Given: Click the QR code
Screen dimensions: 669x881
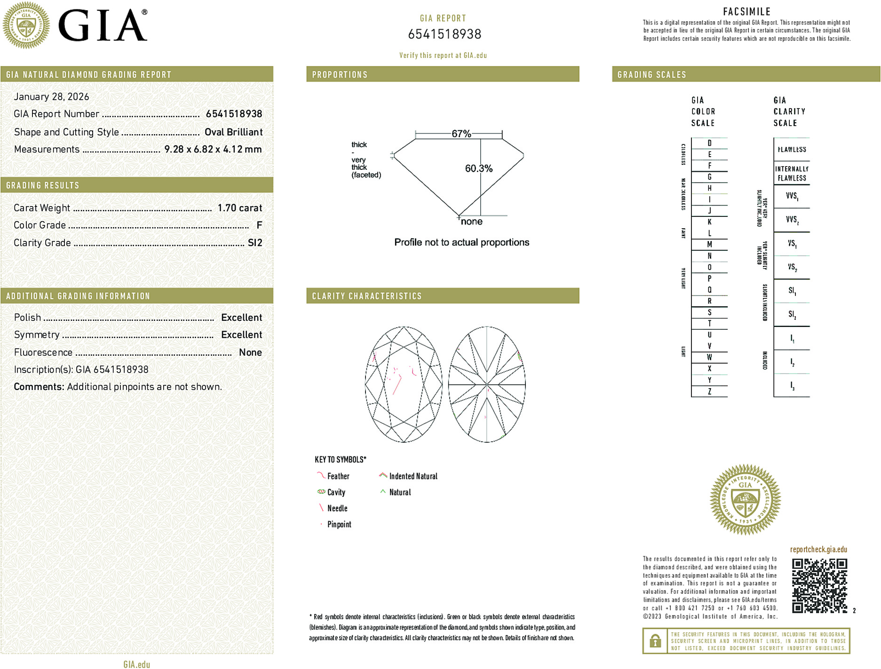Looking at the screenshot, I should pos(819,585).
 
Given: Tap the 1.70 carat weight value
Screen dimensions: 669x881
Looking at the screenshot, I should pos(239,208).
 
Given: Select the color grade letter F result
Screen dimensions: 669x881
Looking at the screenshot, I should pos(259,225).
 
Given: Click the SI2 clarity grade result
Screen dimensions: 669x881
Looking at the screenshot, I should pos(255,243).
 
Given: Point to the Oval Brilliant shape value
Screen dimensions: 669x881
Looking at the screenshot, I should pos(233,132).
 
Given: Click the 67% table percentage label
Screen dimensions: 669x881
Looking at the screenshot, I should pos(461,134).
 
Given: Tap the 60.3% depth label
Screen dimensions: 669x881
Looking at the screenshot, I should pos(478,168).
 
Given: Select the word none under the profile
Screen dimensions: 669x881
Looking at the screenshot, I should pos(471,222).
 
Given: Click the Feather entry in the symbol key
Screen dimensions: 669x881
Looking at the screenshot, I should pos(338,476).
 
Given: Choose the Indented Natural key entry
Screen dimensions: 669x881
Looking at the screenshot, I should pos(413,476).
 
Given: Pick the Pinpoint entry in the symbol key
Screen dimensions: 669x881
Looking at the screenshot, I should pos(339,524).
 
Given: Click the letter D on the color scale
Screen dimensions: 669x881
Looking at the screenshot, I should pos(709,143).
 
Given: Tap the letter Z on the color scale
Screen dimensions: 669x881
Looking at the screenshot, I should pos(709,391).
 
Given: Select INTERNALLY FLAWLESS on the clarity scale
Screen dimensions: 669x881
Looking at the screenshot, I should pos(792,173).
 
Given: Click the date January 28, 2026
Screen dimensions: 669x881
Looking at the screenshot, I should pos(51,96).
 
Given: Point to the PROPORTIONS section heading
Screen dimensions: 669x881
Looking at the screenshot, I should pos(340,75).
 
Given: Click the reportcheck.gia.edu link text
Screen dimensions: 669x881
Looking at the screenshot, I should pos(818,550).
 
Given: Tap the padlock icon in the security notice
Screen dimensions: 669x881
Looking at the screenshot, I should pos(655,641).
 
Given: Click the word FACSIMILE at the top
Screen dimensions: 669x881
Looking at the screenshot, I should pos(746,12).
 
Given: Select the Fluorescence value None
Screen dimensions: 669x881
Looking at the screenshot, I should pos(250,352).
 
